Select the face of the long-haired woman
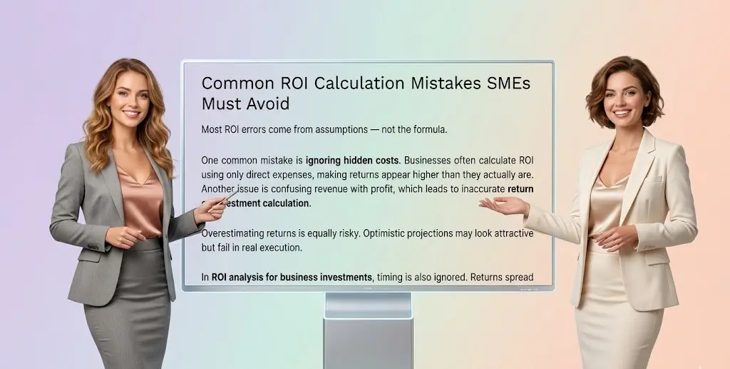[x=130, y=99]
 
